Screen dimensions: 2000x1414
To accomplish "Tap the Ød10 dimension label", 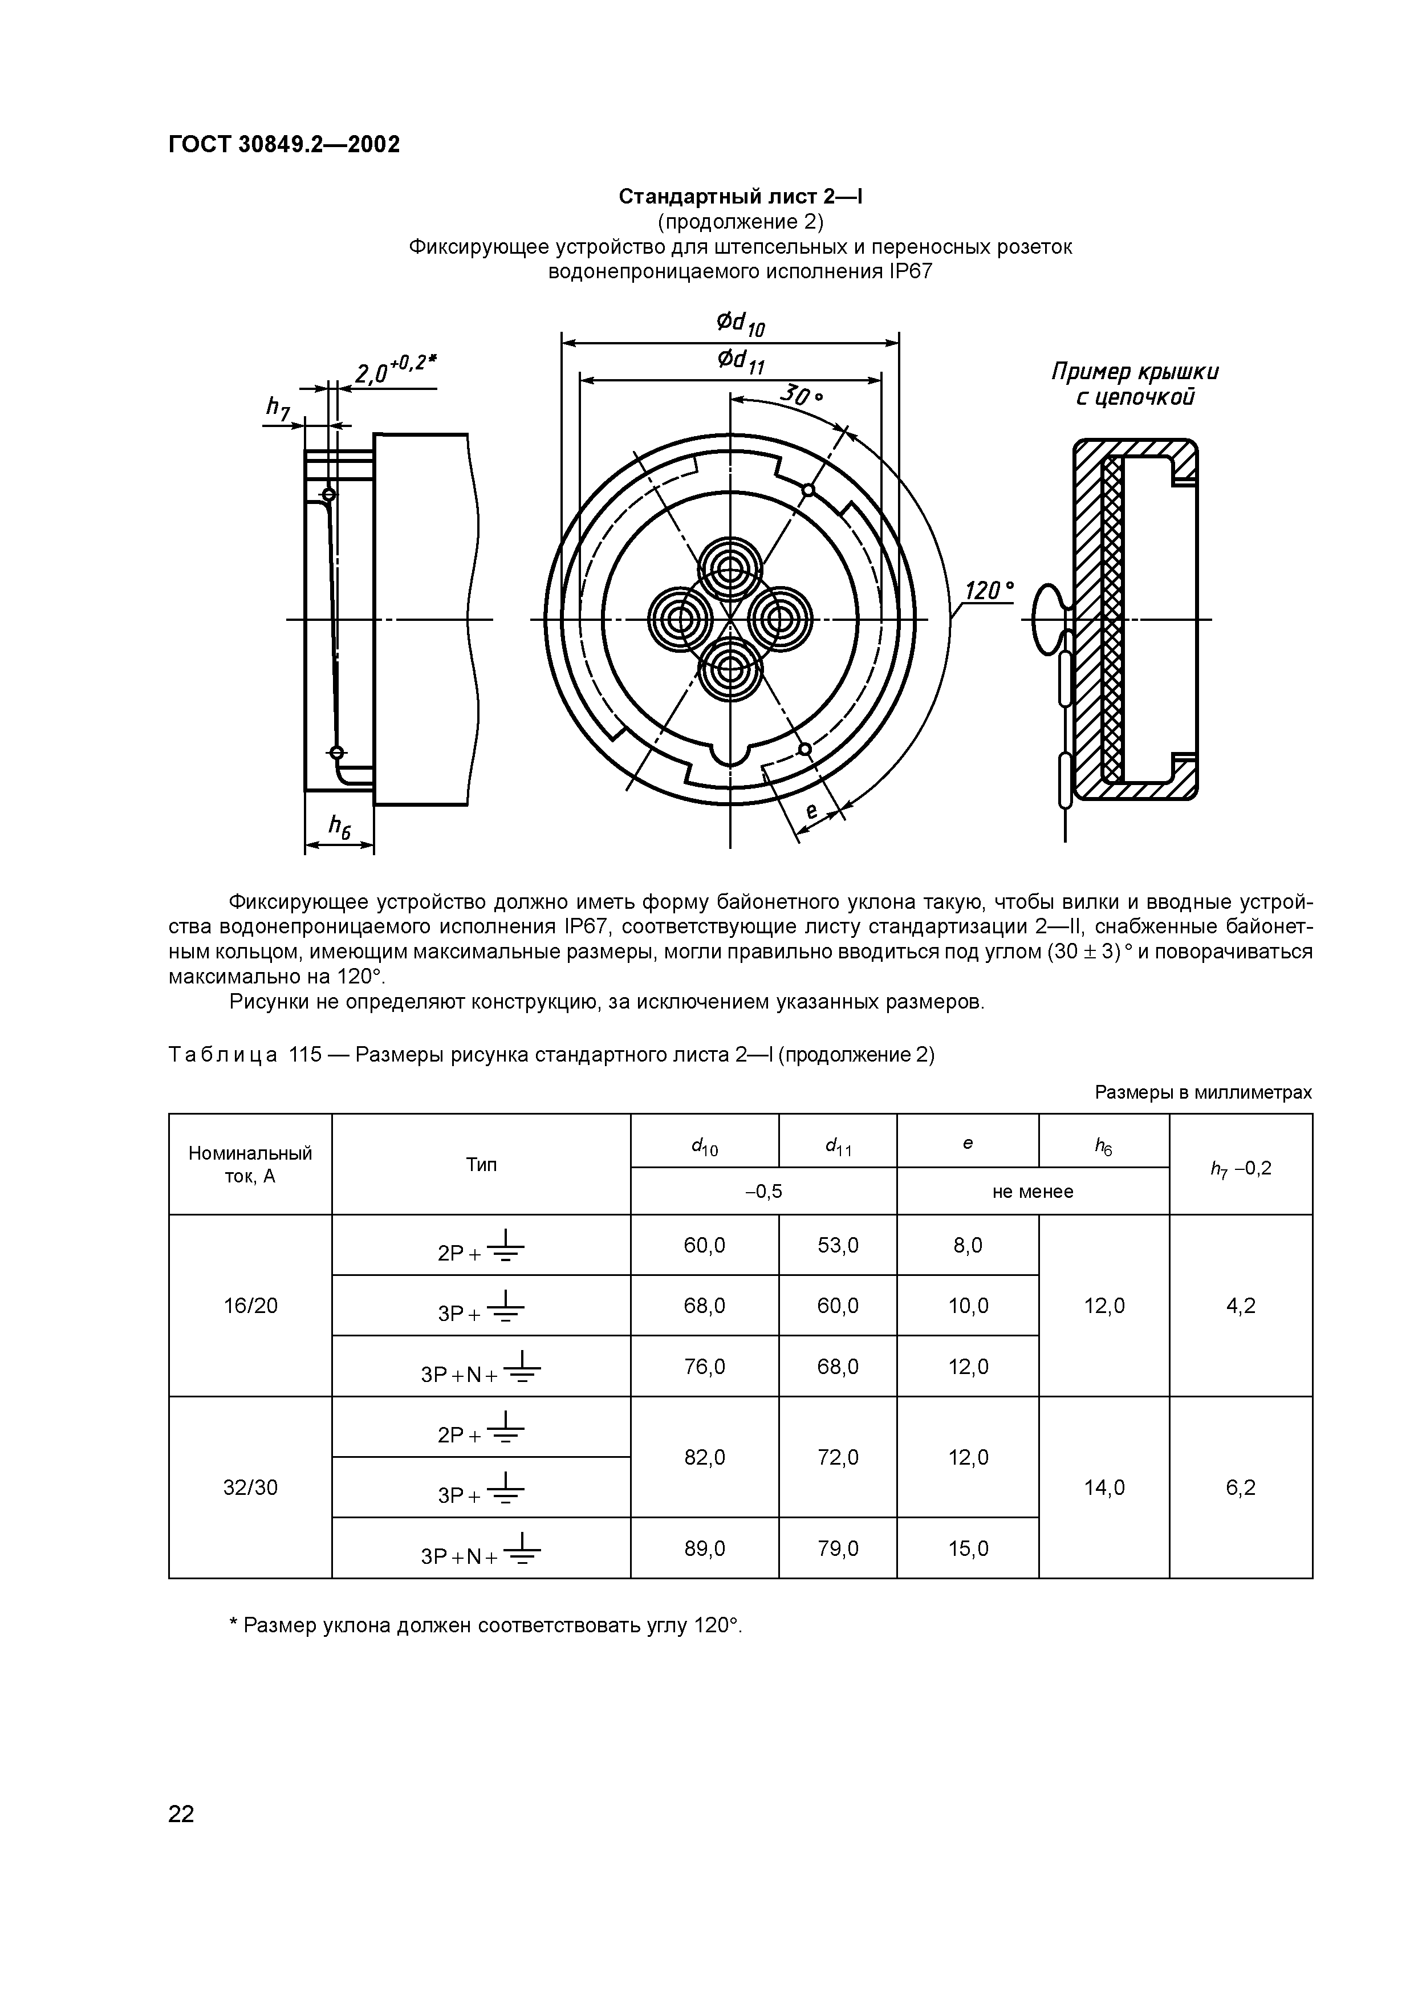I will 741,324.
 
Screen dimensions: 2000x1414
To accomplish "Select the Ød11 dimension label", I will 741,361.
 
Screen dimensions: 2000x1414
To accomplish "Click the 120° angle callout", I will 989,591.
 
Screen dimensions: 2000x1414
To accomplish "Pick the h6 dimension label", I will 339,827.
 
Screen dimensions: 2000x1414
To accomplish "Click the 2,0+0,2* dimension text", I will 394,369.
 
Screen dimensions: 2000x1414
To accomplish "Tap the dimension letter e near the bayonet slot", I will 811,812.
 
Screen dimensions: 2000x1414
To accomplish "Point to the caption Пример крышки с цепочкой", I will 1135,384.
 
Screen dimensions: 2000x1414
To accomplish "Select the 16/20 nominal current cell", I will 250,1306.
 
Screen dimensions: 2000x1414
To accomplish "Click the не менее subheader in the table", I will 1033,1192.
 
